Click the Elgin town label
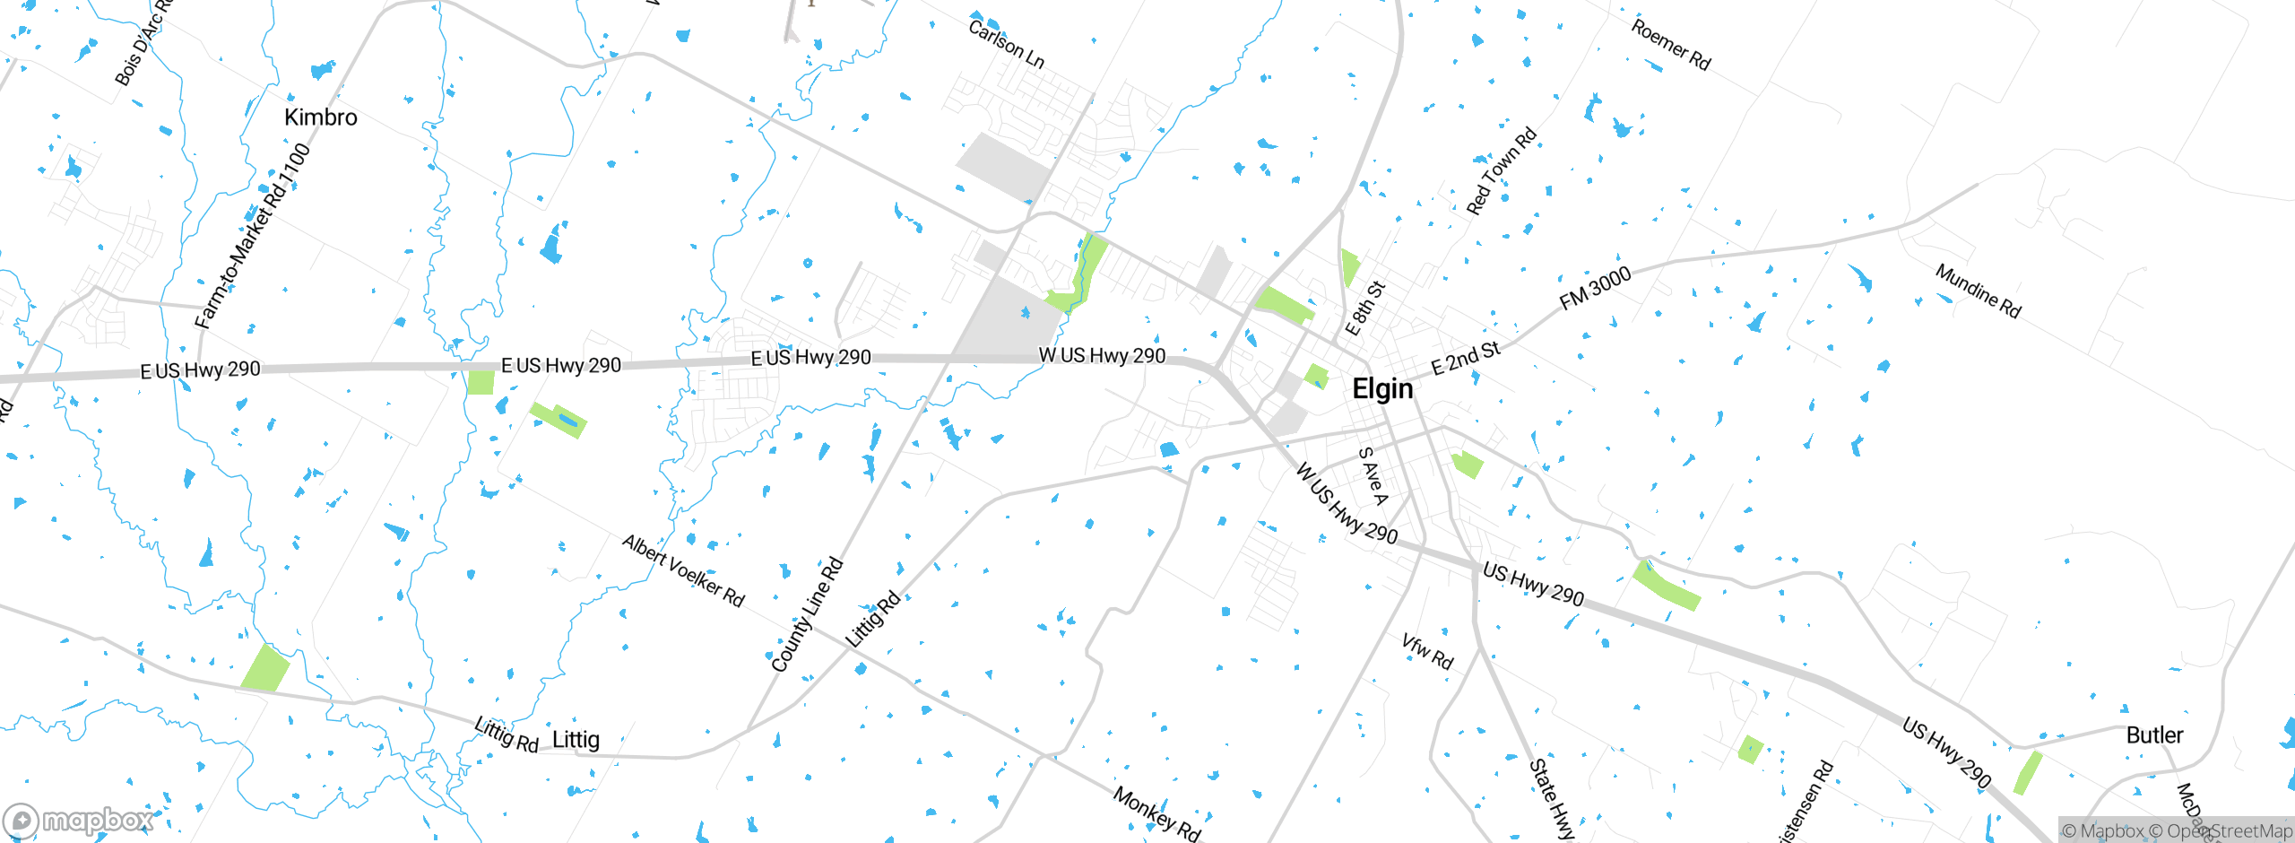[x=1382, y=389]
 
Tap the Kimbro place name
[x=320, y=117]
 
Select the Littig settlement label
[x=576, y=740]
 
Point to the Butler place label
[x=2154, y=735]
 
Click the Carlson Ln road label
[x=1006, y=44]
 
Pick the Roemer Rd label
[x=1670, y=44]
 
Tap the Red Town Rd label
[x=1501, y=171]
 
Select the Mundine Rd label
[x=1978, y=291]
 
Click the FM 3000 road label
[x=1595, y=289]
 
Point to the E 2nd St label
[x=1465, y=358]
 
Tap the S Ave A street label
[x=1373, y=476]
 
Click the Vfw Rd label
[x=1426, y=652]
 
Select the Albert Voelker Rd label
[x=683, y=570]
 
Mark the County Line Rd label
[x=807, y=614]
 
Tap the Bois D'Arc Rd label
[x=142, y=42]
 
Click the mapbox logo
[x=79, y=820]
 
